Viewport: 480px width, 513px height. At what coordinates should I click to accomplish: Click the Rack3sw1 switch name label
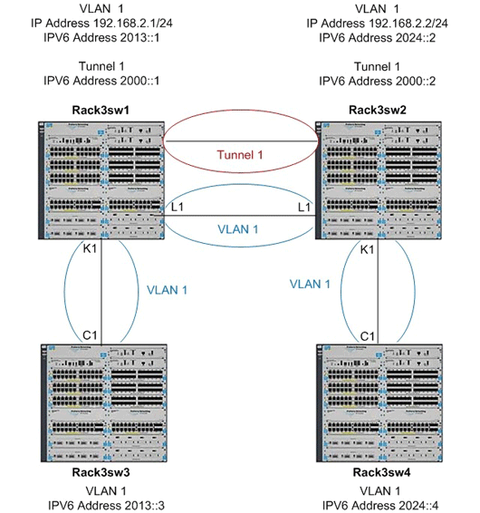pyautogui.click(x=99, y=111)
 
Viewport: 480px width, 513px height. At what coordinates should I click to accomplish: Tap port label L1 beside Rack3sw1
pyautogui.click(x=178, y=208)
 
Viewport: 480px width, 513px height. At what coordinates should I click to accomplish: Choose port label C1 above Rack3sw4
pyautogui.click(x=369, y=335)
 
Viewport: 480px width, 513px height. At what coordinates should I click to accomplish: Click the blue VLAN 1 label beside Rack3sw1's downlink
pyautogui.click(x=168, y=292)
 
